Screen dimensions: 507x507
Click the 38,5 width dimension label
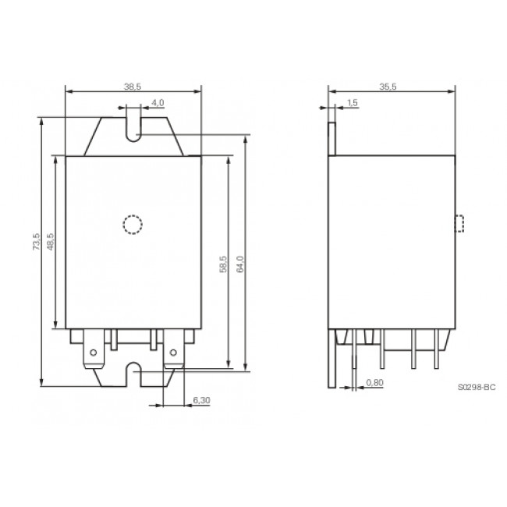click(133, 87)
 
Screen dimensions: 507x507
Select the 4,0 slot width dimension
click(157, 102)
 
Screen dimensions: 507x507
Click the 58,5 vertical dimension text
click(222, 264)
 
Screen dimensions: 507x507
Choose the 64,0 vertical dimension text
click(240, 264)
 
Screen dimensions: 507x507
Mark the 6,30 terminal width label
click(200, 400)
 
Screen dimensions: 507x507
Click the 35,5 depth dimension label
click(388, 87)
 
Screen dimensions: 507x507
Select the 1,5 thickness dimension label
click(352, 102)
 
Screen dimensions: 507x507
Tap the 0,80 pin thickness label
click(375, 382)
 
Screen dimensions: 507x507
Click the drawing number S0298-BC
click(477, 386)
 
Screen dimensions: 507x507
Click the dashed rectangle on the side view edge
click(460, 223)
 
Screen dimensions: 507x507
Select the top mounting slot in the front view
click(133, 129)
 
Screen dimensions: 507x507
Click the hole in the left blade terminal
click(94, 352)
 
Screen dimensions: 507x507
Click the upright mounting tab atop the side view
click(331, 137)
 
